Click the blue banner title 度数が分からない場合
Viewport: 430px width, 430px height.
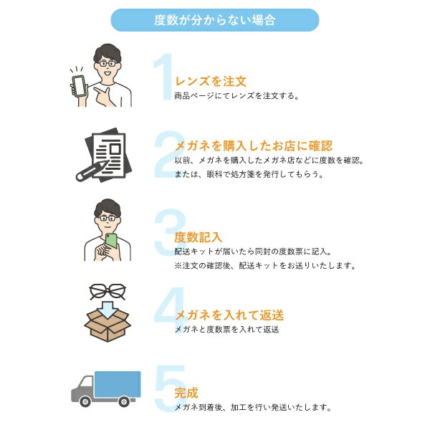point(215,20)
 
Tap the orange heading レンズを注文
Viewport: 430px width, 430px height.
point(211,82)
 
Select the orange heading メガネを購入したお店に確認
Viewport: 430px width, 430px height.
point(254,145)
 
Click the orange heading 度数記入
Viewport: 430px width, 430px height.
point(199,237)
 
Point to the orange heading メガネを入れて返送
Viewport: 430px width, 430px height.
point(229,315)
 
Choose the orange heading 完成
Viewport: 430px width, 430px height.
point(186,393)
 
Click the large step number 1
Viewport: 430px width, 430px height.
point(163,77)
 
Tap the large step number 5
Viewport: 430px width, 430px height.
point(170,388)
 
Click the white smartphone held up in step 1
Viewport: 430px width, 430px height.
point(79,86)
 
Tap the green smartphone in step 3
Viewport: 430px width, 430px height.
point(111,241)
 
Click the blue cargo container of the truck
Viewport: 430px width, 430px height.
point(118,384)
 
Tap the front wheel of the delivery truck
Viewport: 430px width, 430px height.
point(85,402)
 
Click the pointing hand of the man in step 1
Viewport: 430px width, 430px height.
point(104,96)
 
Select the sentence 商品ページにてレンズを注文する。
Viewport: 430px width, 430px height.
point(236,96)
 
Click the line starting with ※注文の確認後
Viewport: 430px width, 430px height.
point(265,265)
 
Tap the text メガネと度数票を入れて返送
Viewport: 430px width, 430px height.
point(227,330)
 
